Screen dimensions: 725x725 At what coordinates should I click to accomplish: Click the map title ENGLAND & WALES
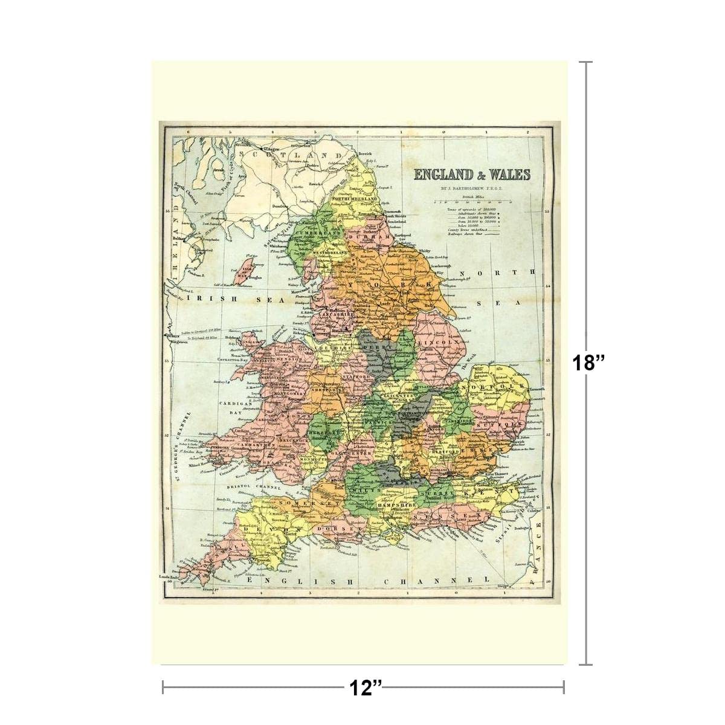coord(471,175)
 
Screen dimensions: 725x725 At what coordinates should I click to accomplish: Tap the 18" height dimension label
coord(588,363)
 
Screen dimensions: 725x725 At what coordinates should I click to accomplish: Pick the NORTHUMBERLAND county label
coord(354,199)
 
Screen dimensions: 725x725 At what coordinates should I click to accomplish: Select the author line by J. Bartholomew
coord(471,188)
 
